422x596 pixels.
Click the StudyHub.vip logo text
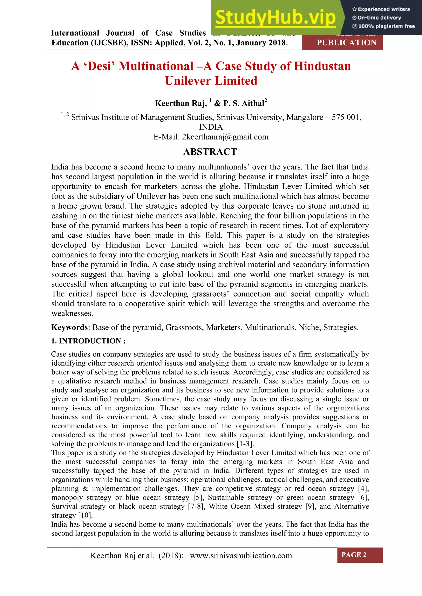point(276,17)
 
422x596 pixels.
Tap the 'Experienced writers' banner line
point(381,9)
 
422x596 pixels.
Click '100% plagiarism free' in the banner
point(384,26)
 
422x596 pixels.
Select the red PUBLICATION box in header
point(346,43)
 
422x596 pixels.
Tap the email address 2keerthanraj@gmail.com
point(225,137)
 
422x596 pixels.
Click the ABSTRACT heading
point(210,152)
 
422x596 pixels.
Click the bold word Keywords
point(69,327)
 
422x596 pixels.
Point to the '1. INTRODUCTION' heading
point(88,341)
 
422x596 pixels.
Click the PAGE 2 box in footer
point(354,555)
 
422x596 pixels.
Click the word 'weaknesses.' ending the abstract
point(72,314)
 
